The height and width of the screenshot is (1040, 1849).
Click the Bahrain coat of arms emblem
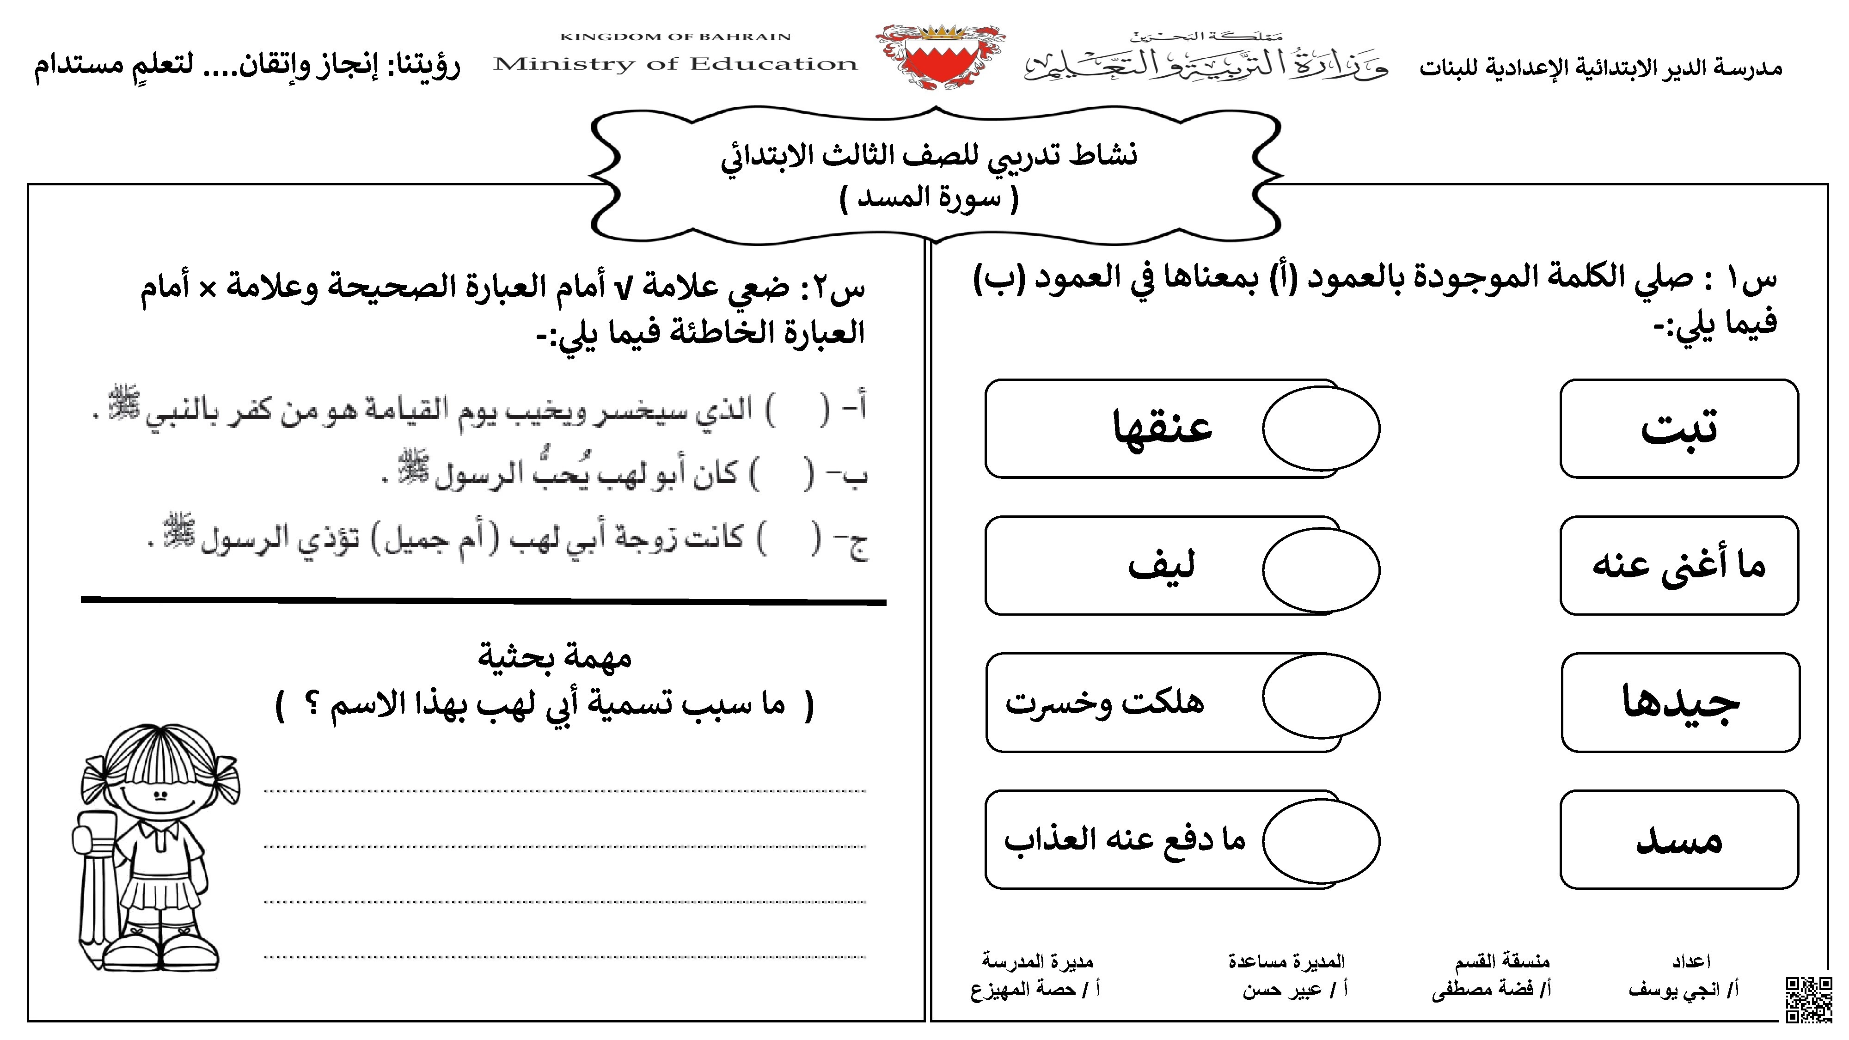940,57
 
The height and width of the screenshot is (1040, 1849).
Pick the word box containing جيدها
1680,703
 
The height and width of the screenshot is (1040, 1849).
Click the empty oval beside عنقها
1321,428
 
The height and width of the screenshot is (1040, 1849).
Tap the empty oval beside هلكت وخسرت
1321,696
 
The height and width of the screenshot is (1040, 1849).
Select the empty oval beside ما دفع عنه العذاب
1321,840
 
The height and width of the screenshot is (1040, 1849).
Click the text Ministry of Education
675,64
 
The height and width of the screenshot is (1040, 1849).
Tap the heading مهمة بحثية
555,657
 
